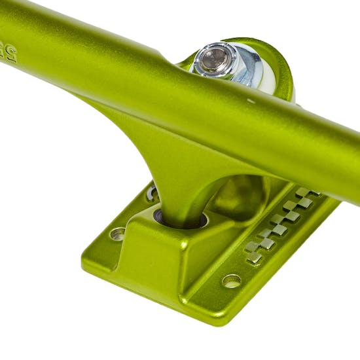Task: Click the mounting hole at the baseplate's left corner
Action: pyautogui.click(x=117, y=234)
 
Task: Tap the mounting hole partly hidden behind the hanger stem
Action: pyautogui.click(x=153, y=193)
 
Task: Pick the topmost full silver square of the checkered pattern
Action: pyautogui.click(x=303, y=192)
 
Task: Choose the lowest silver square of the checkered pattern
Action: pyautogui.click(x=255, y=258)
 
